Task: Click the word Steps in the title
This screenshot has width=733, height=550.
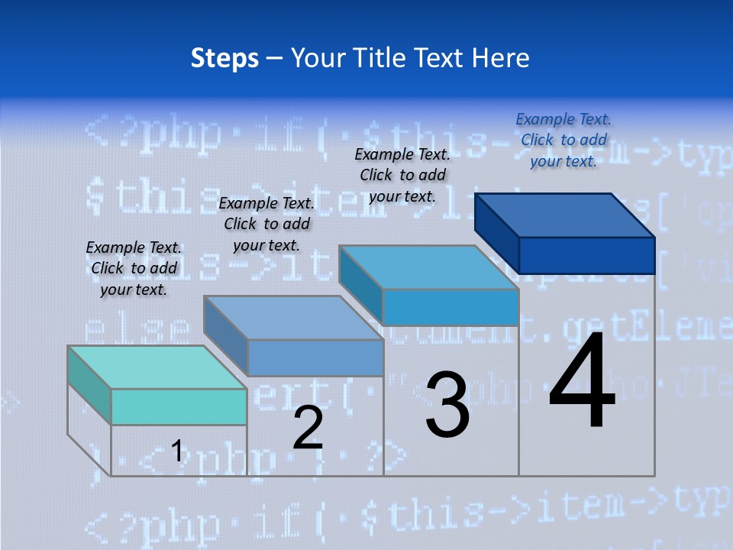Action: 224,58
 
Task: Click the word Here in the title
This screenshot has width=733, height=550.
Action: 500,58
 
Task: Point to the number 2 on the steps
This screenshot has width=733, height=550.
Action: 308,428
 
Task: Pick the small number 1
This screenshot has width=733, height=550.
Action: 176,451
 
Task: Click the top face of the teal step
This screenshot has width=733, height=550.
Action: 157,367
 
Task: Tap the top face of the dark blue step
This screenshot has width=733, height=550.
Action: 565,215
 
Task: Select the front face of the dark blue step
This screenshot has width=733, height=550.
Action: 586,255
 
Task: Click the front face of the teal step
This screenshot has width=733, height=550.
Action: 179,406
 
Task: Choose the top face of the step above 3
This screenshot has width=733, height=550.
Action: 428,267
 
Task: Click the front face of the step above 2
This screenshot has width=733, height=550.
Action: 315,357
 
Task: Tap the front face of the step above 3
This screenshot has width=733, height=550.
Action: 450,307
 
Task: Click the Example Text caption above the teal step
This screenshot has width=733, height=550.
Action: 134,268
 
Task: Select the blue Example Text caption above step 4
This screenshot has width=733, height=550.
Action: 563,140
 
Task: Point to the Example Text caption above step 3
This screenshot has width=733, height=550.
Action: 402,175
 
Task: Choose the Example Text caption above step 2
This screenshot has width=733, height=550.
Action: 266,224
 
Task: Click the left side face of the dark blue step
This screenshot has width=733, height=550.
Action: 496,232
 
